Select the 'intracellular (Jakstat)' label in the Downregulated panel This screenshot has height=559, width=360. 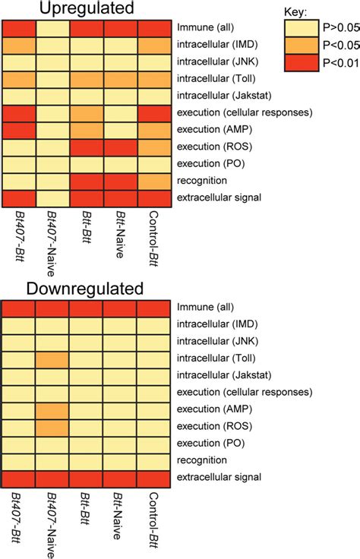point(225,375)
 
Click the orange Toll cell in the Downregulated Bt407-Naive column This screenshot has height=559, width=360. point(52,358)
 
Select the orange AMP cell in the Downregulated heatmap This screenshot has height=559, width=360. point(52,409)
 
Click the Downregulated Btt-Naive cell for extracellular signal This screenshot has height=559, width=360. point(120,477)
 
